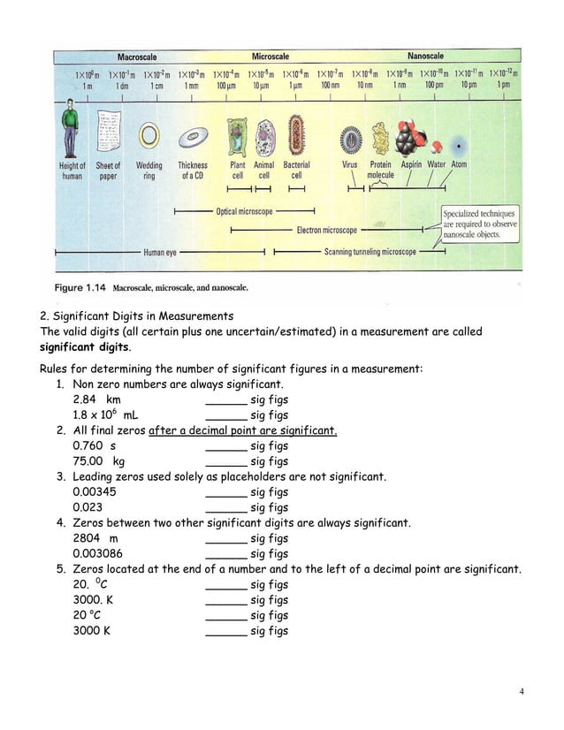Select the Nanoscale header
pyautogui.click(x=427, y=57)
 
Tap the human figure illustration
pyautogui.click(x=72, y=130)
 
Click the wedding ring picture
pyautogui.click(x=149, y=135)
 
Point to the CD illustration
pyautogui.click(x=193, y=138)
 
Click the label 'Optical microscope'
pyautogui.click(x=244, y=212)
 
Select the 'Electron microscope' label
pyautogui.click(x=327, y=231)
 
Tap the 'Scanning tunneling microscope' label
pyautogui.click(x=370, y=252)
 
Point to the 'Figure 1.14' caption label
pyautogui.click(x=83, y=287)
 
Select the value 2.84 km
pyautogui.click(x=96, y=399)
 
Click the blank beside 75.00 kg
pyautogui.click(x=225, y=461)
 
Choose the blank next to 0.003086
pyautogui.click(x=225, y=554)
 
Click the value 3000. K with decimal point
pyautogui.click(x=91, y=600)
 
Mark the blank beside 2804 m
pyautogui.click(x=225, y=538)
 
